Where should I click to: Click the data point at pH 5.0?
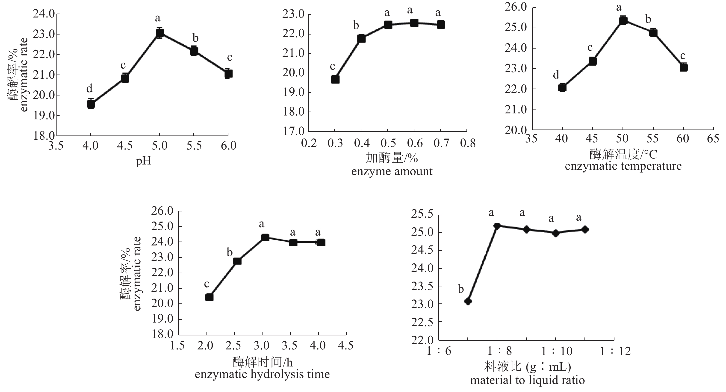click(160, 33)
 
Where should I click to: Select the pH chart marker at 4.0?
click(91, 104)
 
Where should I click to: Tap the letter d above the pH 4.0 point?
click(89, 88)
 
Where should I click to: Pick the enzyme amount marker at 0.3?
click(335, 79)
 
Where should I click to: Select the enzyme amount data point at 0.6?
click(414, 23)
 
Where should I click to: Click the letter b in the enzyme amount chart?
click(356, 26)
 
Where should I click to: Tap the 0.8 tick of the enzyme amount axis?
click(468, 143)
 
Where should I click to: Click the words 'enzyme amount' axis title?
click(392, 171)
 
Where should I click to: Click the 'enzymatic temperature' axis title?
click(623, 166)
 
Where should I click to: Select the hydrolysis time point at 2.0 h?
click(209, 297)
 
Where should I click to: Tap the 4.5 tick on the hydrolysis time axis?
click(345, 346)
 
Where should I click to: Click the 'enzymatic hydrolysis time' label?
click(262, 374)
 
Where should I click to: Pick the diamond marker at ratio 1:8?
click(497, 226)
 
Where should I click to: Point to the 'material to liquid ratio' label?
click(527, 380)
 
